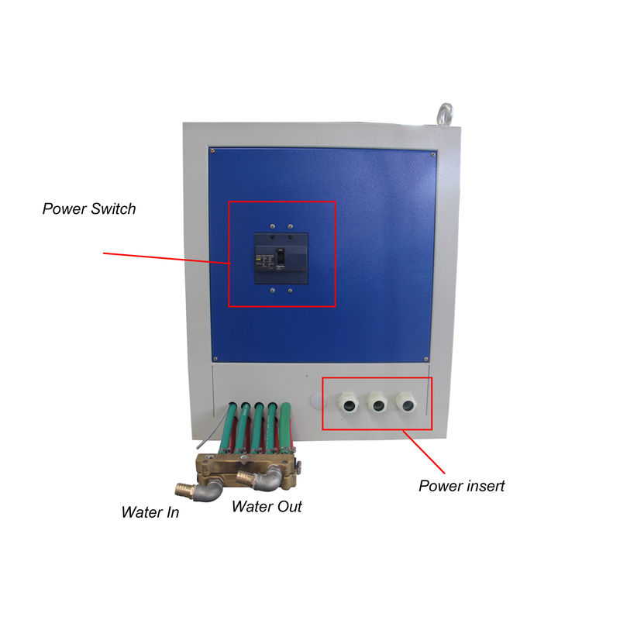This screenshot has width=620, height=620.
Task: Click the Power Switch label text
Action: [x=89, y=208]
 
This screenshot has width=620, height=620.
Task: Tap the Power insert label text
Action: [x=461, y=486]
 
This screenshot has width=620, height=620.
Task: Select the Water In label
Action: [x=150, y=512]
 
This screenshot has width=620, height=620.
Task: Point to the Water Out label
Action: [x=267, y=507]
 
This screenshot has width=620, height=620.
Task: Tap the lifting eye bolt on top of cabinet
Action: [x=445, y=114]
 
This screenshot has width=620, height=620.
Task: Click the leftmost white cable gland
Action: [x=349, y=403]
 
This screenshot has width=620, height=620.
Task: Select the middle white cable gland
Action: [x=377, y=403]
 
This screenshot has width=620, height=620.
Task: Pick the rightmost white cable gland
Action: [x=406, y=403]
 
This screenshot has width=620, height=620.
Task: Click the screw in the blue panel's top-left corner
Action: [x=212, y=150]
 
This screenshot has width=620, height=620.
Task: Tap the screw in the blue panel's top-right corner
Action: [x=433, y=154]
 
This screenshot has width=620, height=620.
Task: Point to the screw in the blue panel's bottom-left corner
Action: [x=215, y=359]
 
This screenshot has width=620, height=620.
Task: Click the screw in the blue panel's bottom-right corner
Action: [x=425, y=359]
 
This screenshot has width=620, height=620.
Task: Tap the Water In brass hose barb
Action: [x=185, y=490]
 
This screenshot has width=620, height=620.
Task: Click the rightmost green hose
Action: [x=285, y=426]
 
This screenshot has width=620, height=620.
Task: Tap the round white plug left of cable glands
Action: [x=316, y=401]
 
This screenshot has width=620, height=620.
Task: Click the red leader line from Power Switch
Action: [x=167, y=258]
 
